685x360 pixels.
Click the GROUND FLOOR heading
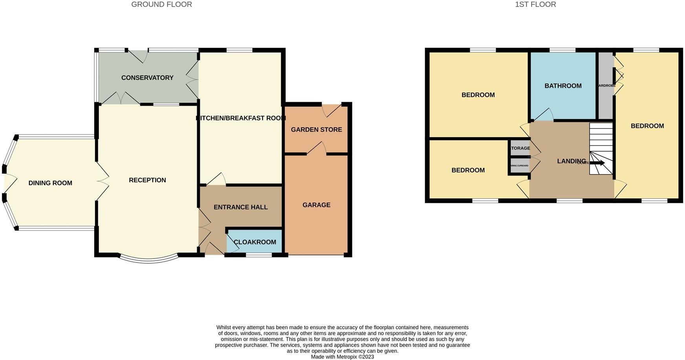[x=161, y=5]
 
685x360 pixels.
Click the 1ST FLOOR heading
[x=535, y=5]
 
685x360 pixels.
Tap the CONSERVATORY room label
[x=147, y=78]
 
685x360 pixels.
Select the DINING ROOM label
[x=50, y=183]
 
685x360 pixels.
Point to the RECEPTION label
[x=147, y=180]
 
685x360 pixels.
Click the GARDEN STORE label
[x=316, y=130]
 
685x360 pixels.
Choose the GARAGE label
[x=316, y=205]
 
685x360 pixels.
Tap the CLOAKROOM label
[x=255, y=242]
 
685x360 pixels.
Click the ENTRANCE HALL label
[x=240, y=207]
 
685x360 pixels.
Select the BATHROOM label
[x=563, y=86]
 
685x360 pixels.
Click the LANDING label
[x=571, y=161]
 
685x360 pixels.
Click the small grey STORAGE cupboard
[x=520, y=148]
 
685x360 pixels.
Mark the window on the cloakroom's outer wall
[x=259, y=255]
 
